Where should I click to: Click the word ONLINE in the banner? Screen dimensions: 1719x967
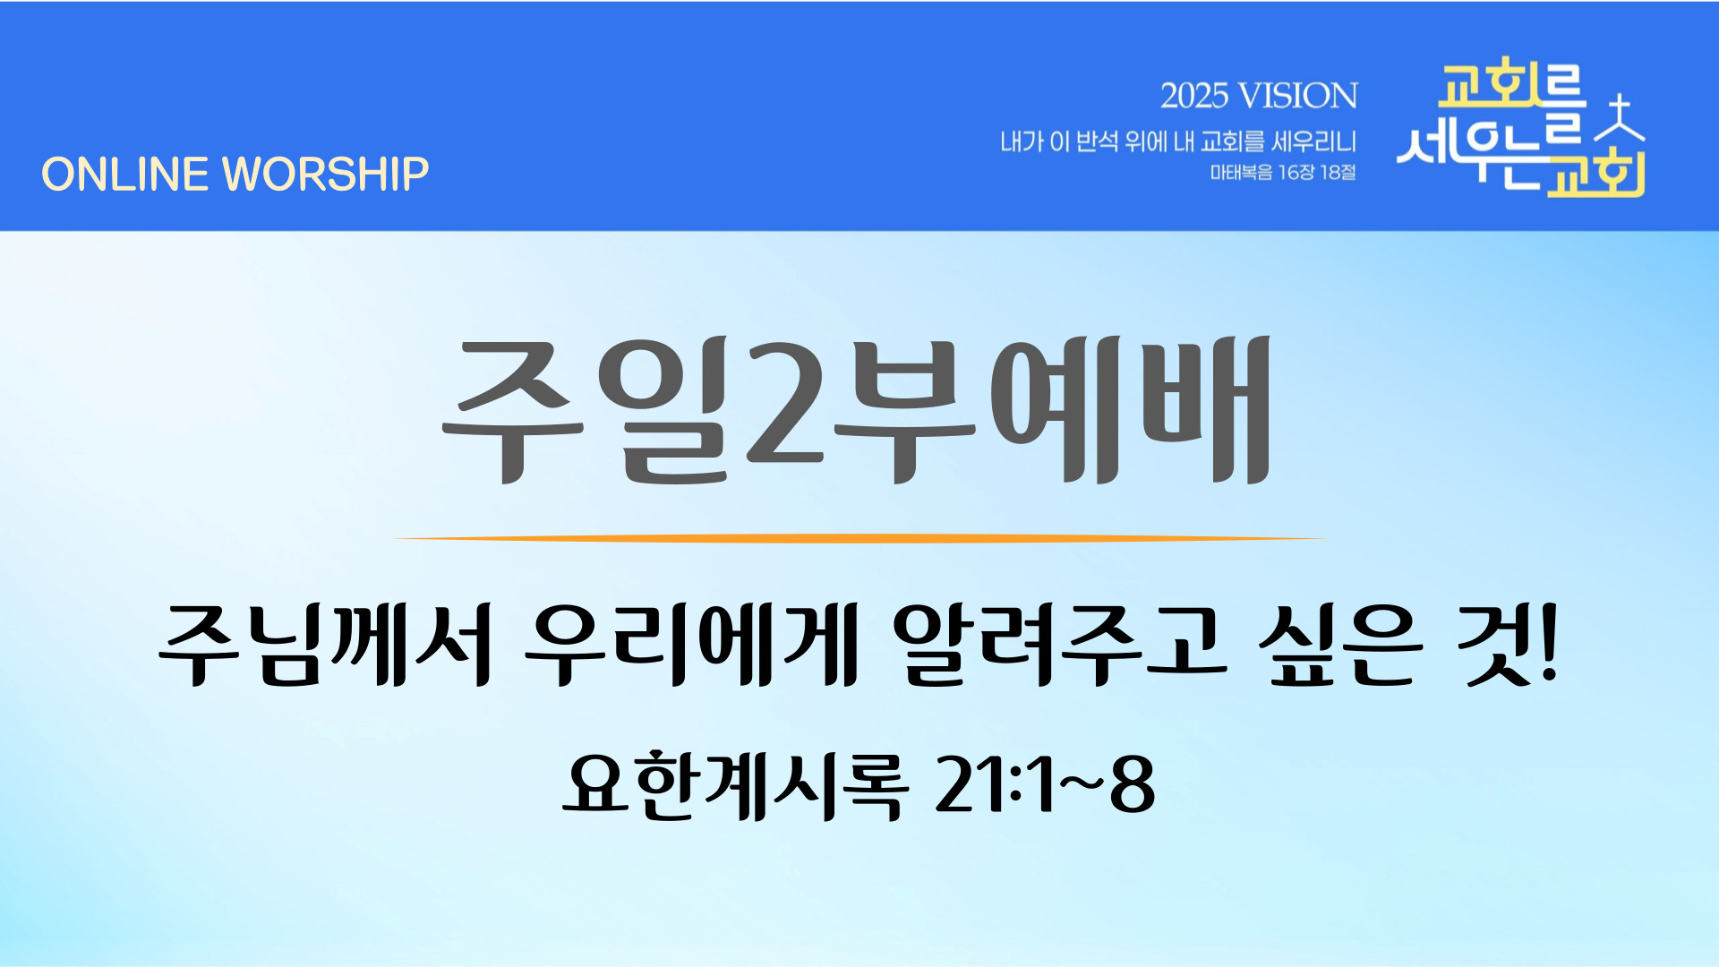point(124,174)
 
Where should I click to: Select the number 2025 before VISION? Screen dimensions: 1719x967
point(1193,96)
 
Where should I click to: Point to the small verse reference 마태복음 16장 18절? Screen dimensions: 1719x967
point(1283,172)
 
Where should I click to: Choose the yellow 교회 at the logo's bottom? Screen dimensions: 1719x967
point(1595,174)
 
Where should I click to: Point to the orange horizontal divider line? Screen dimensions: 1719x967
point(859,538)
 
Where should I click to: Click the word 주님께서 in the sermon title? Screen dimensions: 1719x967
point(324,644)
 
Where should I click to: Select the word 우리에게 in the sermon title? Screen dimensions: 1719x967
point(691,644)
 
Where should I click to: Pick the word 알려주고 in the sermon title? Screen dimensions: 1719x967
point(1058,644)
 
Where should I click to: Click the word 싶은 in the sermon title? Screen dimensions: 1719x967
point(1339,644)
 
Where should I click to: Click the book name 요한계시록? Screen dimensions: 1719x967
point(734,785)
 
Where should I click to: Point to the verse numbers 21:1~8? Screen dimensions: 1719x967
point(1044,785)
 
